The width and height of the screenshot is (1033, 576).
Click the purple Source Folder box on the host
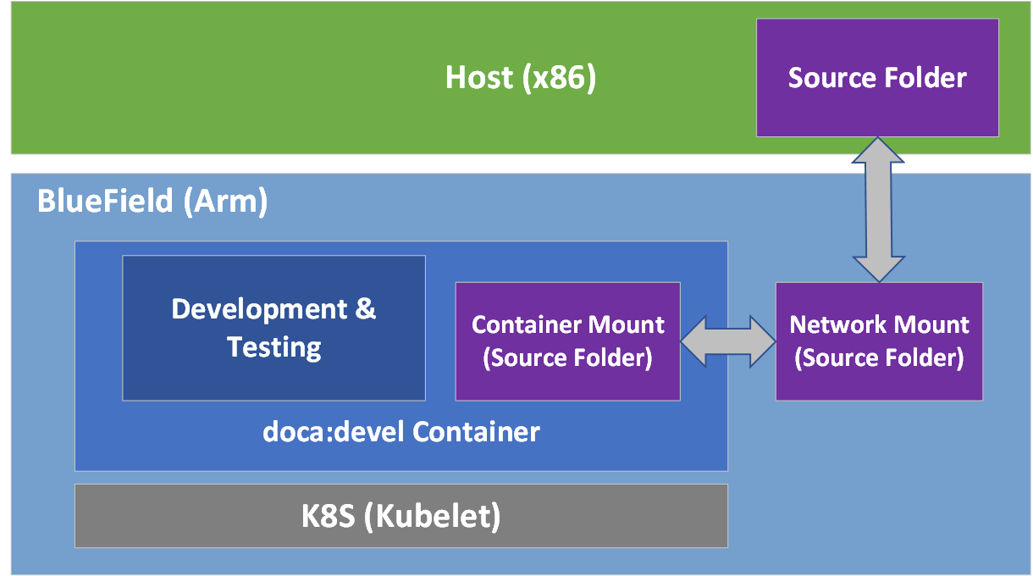point(877,78)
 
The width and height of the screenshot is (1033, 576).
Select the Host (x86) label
point(521,78)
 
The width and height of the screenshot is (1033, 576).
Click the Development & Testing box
point(273,328)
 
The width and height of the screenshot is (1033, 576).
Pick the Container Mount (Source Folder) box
point(567,341)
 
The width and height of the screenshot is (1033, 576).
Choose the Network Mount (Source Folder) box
point(879,341)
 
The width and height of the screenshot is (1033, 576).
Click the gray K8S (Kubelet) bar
point(400,516)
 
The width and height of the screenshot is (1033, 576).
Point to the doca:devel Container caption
point(400,432)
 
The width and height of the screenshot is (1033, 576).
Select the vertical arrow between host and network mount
point(878,209)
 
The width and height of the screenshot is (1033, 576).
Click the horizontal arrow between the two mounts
point(727,341)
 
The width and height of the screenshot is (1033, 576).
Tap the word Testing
point(274,347)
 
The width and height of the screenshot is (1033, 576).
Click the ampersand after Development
point(365,309)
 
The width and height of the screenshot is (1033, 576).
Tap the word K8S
point(329,517)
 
